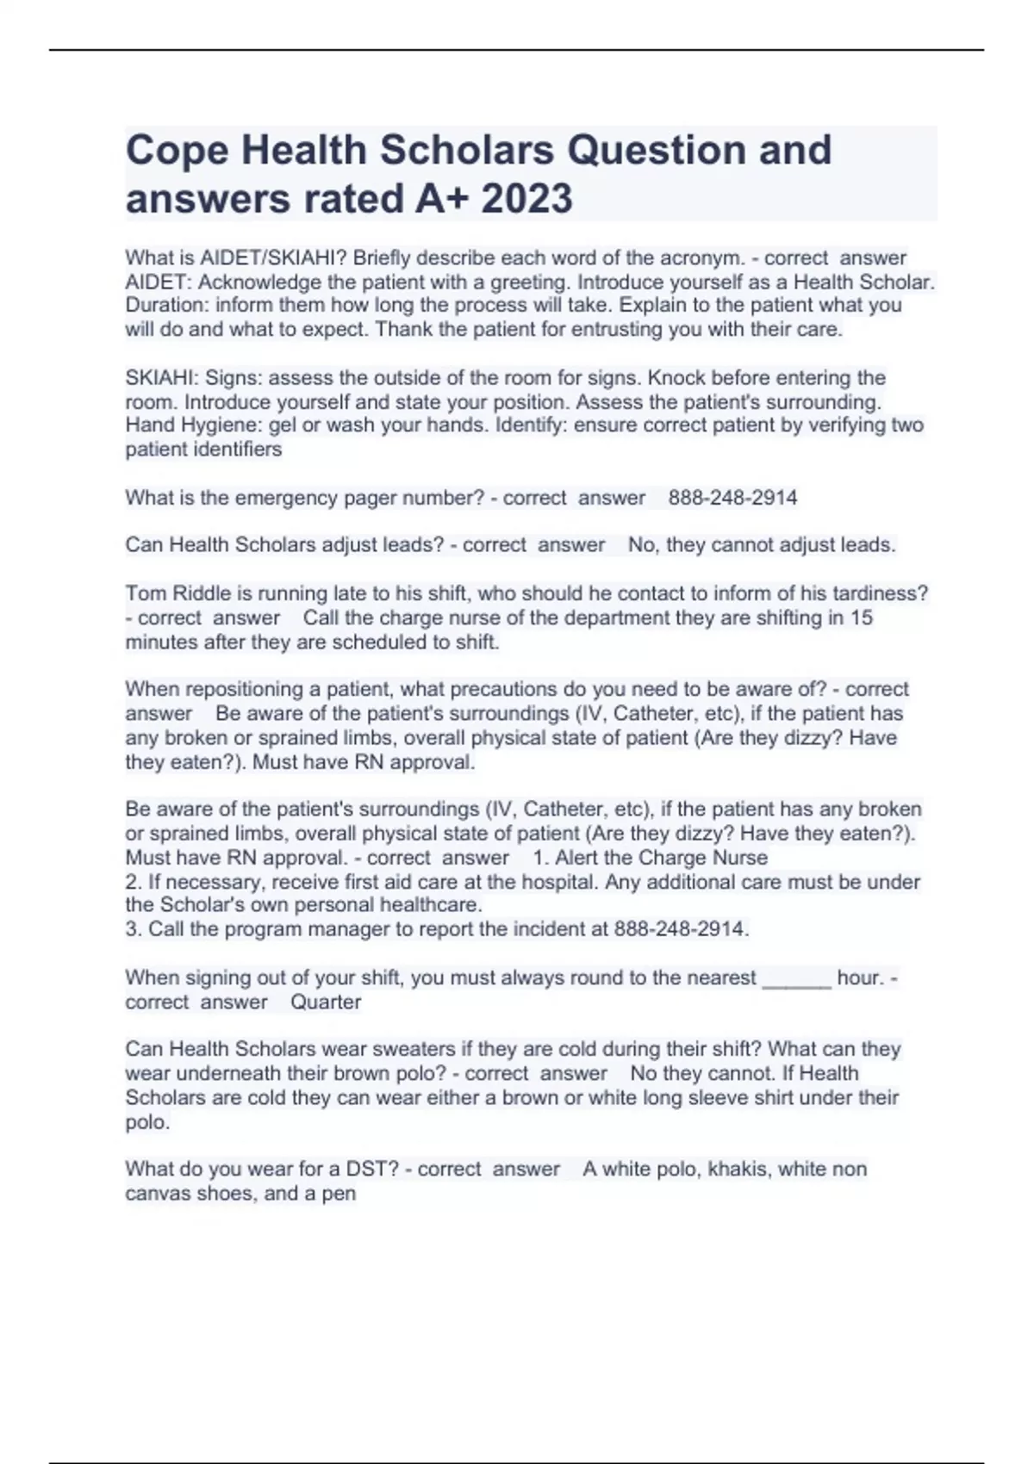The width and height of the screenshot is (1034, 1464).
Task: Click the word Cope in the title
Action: click(x=177, y=151)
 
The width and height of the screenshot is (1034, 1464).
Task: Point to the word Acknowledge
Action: click(x=252, y=282)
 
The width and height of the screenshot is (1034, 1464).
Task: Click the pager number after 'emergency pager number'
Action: click(x=732, y=498)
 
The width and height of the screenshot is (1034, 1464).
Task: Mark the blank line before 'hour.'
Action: click(x=796, y=978)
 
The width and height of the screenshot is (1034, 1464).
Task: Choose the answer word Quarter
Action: click(x=326, y=1002)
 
